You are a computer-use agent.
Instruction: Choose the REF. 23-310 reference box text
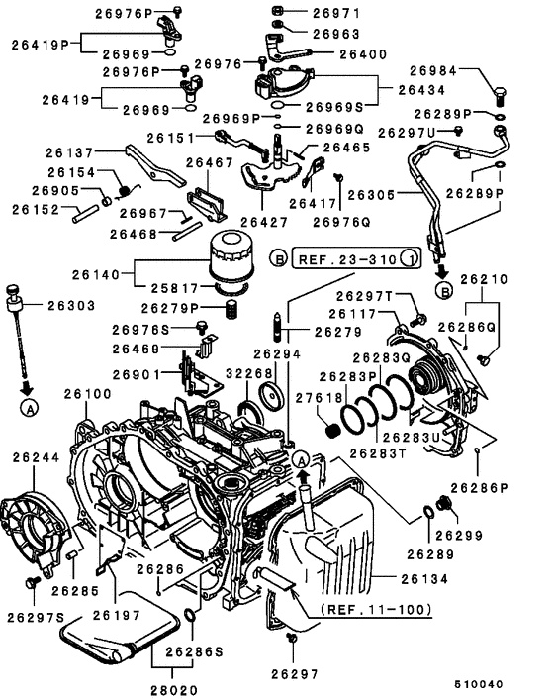click(342, 258)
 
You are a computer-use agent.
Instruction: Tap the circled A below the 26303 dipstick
click(31, 406)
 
